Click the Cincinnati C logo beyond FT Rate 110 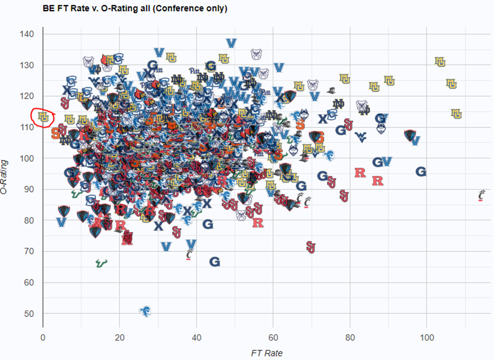click(x=481, y=195)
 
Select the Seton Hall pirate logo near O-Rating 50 click(x=145, y=310)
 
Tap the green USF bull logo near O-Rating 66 click(x=101, y=263)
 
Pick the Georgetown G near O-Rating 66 click(x=215, y=262)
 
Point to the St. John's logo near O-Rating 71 click(x=311, y=247)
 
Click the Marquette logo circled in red click(x=44, y=116)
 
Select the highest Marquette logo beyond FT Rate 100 click(x=440, y=62)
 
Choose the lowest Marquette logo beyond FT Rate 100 click(x=457, y=114)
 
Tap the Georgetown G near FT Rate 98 click(x=421, y=172)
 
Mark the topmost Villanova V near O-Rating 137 click(x=232, y=44)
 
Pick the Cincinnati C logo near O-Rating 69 click(x=189, y=254)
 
